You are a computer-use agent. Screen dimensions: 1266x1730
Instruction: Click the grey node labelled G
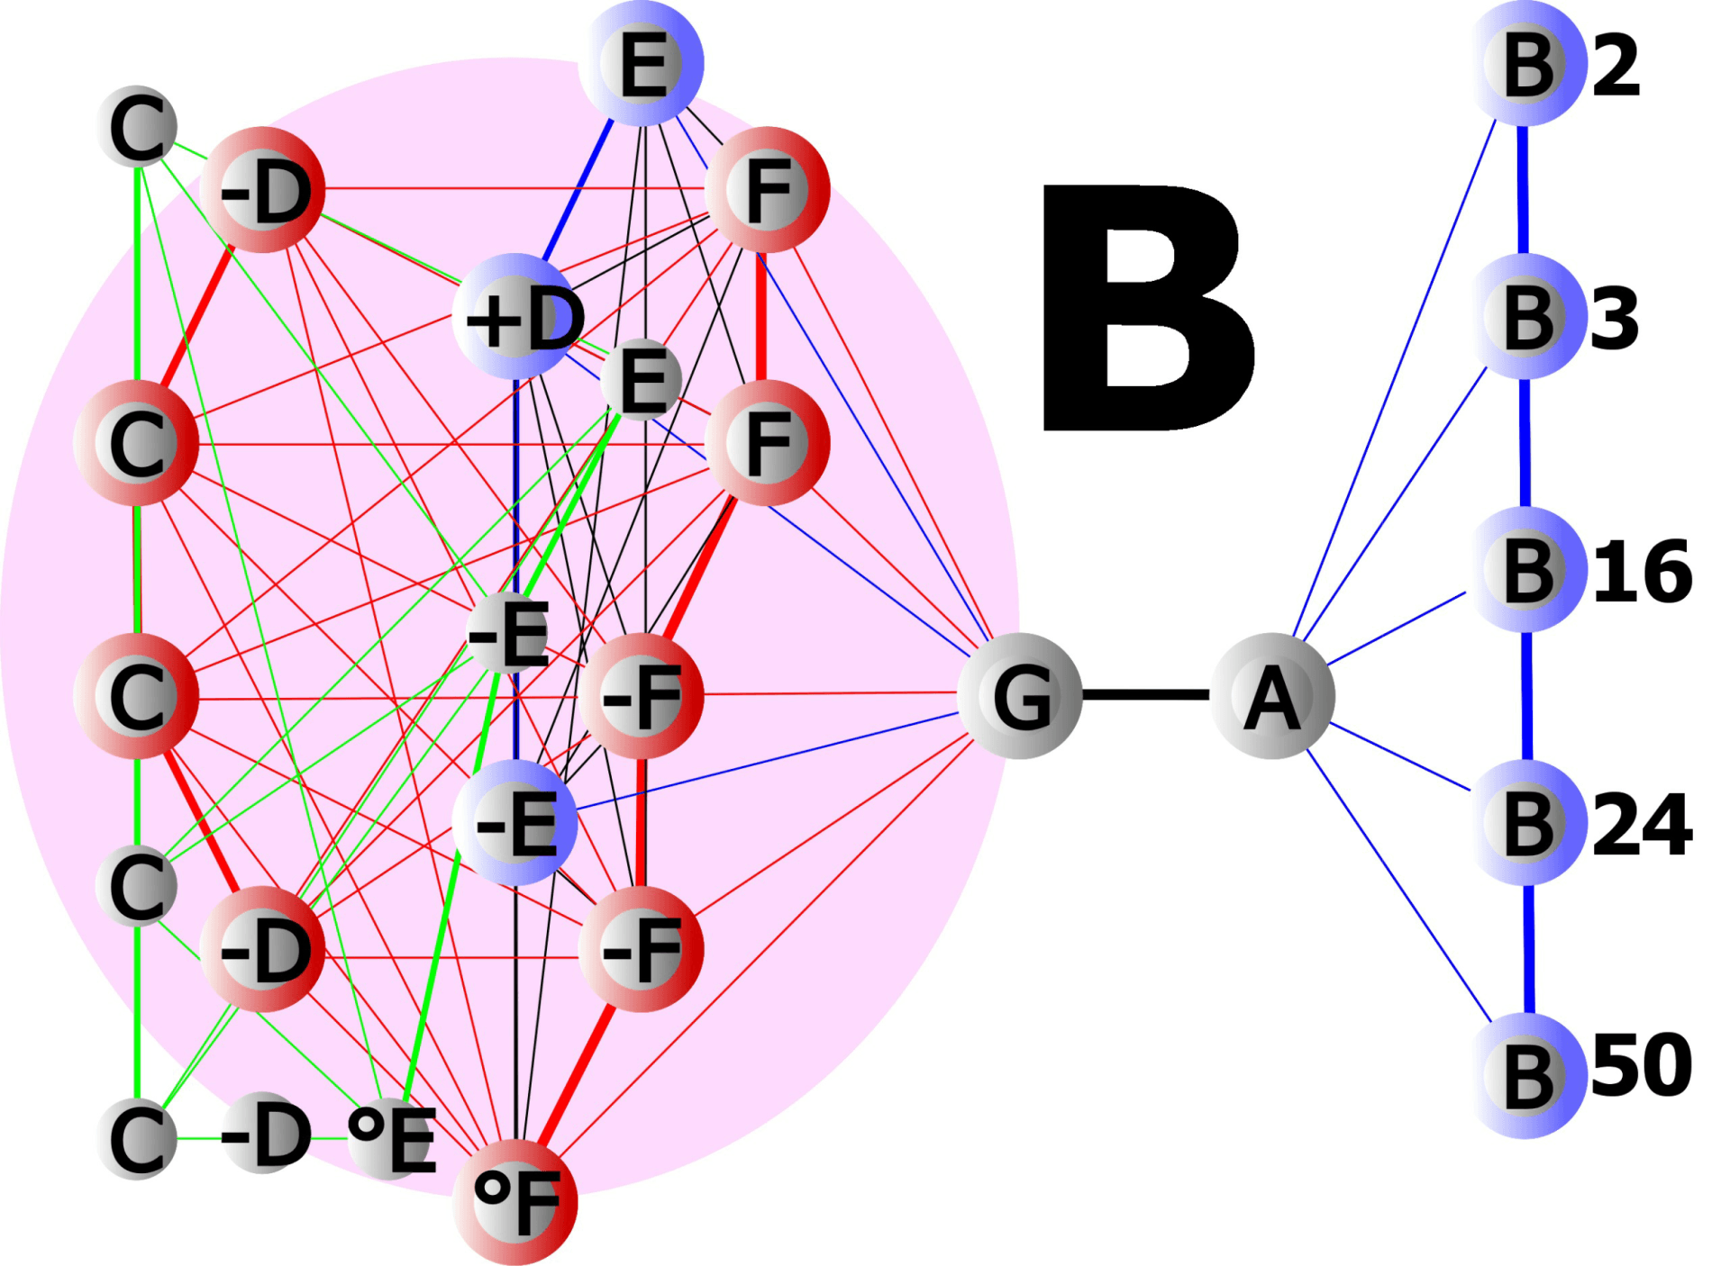tap(1020, 695)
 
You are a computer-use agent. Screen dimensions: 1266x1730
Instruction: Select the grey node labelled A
tap(1271, 695)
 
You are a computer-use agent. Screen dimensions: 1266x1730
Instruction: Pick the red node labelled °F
tap(515, 1201)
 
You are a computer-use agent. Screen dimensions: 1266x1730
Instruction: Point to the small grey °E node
tap(390, 1138)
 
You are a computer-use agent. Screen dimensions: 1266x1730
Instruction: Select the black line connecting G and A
tap(1145, 694)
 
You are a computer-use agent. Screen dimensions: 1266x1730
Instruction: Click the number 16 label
tap(1643, 572)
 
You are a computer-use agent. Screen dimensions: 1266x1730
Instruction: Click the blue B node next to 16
tap(1527, 569)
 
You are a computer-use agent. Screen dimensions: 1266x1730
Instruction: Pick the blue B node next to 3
tap(1527, 316)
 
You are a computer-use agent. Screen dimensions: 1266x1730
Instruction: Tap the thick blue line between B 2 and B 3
tap(1523, 190)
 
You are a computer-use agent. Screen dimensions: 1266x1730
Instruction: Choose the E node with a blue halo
tap(642, 63)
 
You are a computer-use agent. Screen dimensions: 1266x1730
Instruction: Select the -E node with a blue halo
tap(515, 822)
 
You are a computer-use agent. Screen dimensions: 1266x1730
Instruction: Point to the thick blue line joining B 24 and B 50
tap(1529, 949)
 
